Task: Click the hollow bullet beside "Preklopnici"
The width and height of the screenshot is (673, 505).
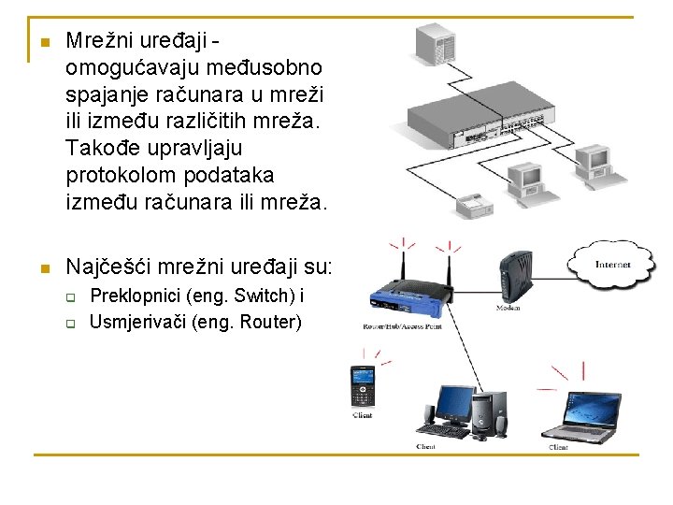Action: click(69, 298)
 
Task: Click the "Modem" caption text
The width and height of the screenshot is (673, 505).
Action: click(508, 308)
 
